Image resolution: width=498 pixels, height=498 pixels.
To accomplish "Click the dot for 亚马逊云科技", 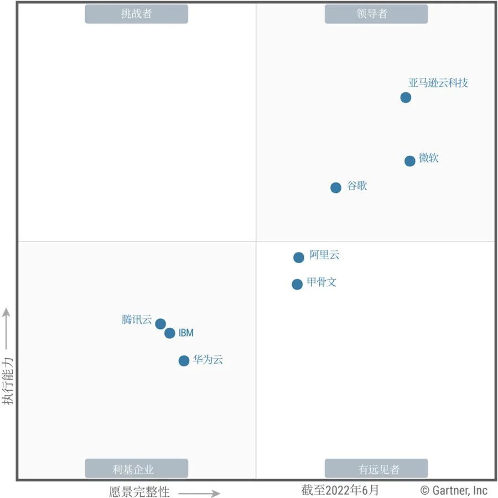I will tap(406, 98).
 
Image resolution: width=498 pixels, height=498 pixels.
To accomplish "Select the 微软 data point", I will tap(409, 161).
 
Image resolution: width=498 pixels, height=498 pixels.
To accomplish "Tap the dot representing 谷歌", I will tap(336, 187).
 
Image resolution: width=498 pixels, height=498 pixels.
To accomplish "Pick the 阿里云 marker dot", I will tap(299, 257).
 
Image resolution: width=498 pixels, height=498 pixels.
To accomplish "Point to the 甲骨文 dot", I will tap(297, 284).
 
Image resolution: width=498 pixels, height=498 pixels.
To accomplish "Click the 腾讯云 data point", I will tap(160, 324).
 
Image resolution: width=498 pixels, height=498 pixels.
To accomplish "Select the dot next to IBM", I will tap(170, 333).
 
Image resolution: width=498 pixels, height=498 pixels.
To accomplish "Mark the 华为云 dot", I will tap(184, 360).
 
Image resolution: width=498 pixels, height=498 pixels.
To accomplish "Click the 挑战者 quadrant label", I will tap(136, 14).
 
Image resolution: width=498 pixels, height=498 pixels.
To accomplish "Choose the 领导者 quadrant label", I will tap(376, 14).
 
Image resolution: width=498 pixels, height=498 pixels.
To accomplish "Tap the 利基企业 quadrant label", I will tap(136, 469).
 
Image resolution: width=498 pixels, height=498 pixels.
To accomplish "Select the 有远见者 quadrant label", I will tap(376, 469).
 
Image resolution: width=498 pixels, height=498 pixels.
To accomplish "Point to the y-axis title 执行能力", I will tap(8, 381).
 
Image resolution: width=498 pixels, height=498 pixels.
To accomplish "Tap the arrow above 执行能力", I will tap(7, 329).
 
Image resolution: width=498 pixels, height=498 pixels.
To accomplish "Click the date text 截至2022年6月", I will tap(340, 490).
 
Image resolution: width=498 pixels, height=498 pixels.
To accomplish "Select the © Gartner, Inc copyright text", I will tap(454, 490).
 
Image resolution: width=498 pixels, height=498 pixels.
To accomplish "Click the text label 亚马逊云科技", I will tap(438, 83).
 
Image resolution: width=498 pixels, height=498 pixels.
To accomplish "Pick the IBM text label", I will tap(186, 333).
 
